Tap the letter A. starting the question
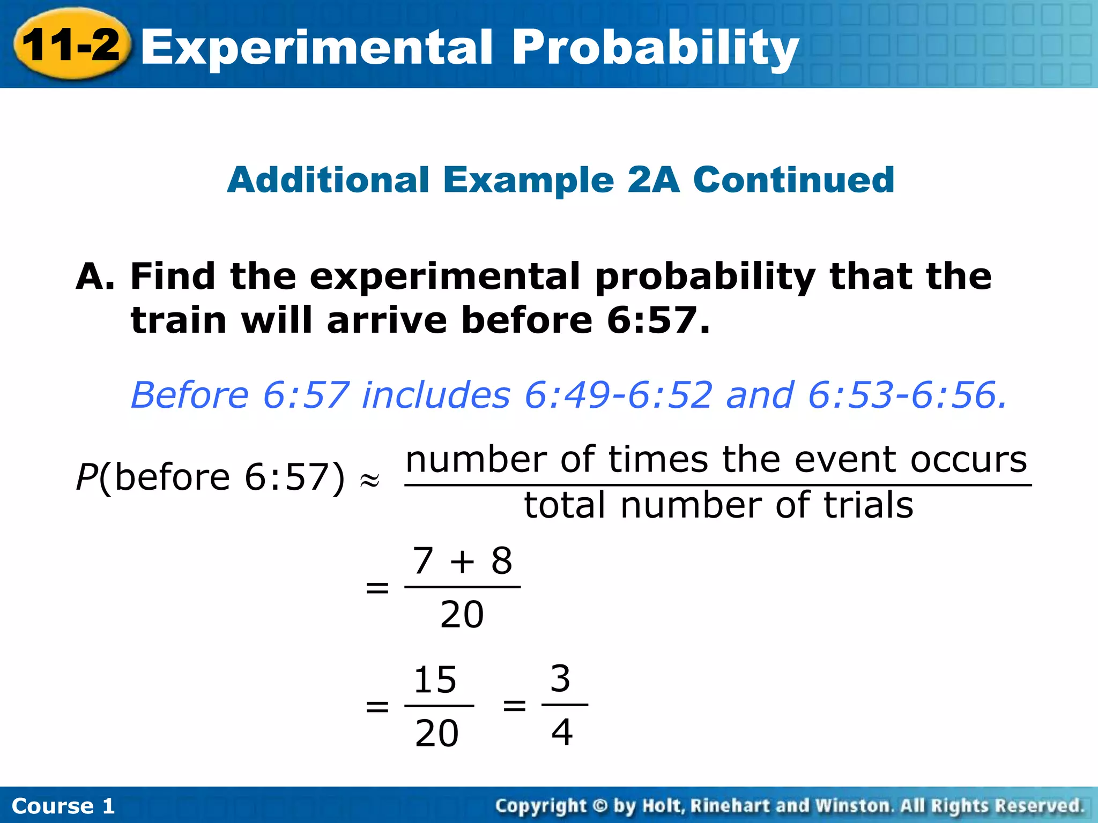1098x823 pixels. [95, 277]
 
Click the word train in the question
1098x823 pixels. [179, 320]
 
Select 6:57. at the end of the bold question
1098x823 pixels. [658, 320]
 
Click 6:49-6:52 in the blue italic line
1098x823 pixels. [619, 395]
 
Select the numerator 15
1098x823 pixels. [435, 680]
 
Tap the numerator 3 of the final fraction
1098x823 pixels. [560, 679]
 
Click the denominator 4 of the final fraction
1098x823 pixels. [561, 732]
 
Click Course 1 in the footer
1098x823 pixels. [63, 806]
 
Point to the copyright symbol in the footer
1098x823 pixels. [600, 805]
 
